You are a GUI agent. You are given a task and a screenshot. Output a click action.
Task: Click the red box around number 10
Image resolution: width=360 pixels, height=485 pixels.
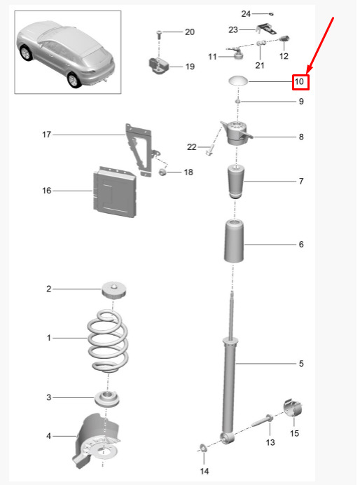300,82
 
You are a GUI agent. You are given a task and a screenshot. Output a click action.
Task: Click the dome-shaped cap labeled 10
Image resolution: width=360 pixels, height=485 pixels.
238,81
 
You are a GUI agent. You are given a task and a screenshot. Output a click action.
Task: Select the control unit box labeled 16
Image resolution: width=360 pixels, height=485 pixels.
115,192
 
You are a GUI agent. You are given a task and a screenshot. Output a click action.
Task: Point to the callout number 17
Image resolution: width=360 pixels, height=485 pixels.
46,135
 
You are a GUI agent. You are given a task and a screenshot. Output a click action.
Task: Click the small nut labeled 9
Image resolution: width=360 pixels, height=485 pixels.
238,101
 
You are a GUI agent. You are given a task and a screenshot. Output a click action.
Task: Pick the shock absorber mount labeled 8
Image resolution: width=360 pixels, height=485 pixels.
237,133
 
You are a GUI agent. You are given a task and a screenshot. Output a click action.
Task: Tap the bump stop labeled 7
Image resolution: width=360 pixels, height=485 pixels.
237,182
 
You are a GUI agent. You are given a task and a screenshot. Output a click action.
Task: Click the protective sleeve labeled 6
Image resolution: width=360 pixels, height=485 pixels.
234,240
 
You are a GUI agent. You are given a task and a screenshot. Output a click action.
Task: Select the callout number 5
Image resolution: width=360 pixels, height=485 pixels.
301,364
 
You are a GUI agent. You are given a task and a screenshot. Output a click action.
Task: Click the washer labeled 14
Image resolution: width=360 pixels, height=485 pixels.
204,447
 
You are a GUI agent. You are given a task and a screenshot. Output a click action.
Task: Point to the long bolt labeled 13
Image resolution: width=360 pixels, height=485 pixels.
262,421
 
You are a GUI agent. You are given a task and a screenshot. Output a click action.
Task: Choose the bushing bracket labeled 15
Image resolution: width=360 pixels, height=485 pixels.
293,409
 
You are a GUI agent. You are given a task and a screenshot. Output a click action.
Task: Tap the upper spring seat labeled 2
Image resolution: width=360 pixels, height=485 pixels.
114,290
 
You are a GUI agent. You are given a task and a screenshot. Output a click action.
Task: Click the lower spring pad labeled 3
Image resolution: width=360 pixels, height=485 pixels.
107,399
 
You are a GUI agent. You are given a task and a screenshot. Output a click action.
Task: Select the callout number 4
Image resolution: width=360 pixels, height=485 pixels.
48,436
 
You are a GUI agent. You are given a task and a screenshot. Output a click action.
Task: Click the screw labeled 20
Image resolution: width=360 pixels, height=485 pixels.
159,34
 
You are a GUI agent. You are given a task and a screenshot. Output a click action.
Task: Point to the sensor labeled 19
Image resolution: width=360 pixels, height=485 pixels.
158,66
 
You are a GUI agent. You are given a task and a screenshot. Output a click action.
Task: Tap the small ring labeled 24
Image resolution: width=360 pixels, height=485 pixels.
271,13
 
